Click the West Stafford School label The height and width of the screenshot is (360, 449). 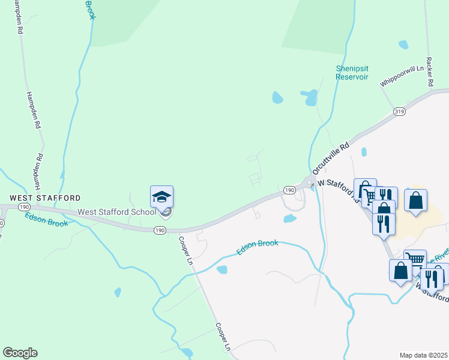click(116, 212)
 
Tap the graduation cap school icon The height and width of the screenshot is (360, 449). click(161, 196)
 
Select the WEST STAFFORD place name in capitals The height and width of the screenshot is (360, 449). click(44, 197)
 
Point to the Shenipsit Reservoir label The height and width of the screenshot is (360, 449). click(352, 73)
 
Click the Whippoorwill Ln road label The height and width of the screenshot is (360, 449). click(402, 77)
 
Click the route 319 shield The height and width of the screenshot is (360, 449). click(399, 112)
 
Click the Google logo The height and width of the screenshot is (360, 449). click(19, 353)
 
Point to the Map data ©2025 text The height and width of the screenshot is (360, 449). click(423, 355)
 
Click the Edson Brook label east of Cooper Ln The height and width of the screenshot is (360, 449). click(257, 247)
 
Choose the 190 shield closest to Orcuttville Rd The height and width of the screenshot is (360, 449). click(289, 190)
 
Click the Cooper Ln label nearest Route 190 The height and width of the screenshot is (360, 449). click(185, 251)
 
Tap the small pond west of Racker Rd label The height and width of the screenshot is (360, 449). click(403, 45)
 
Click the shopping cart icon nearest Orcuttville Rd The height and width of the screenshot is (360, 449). click(365, 191)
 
